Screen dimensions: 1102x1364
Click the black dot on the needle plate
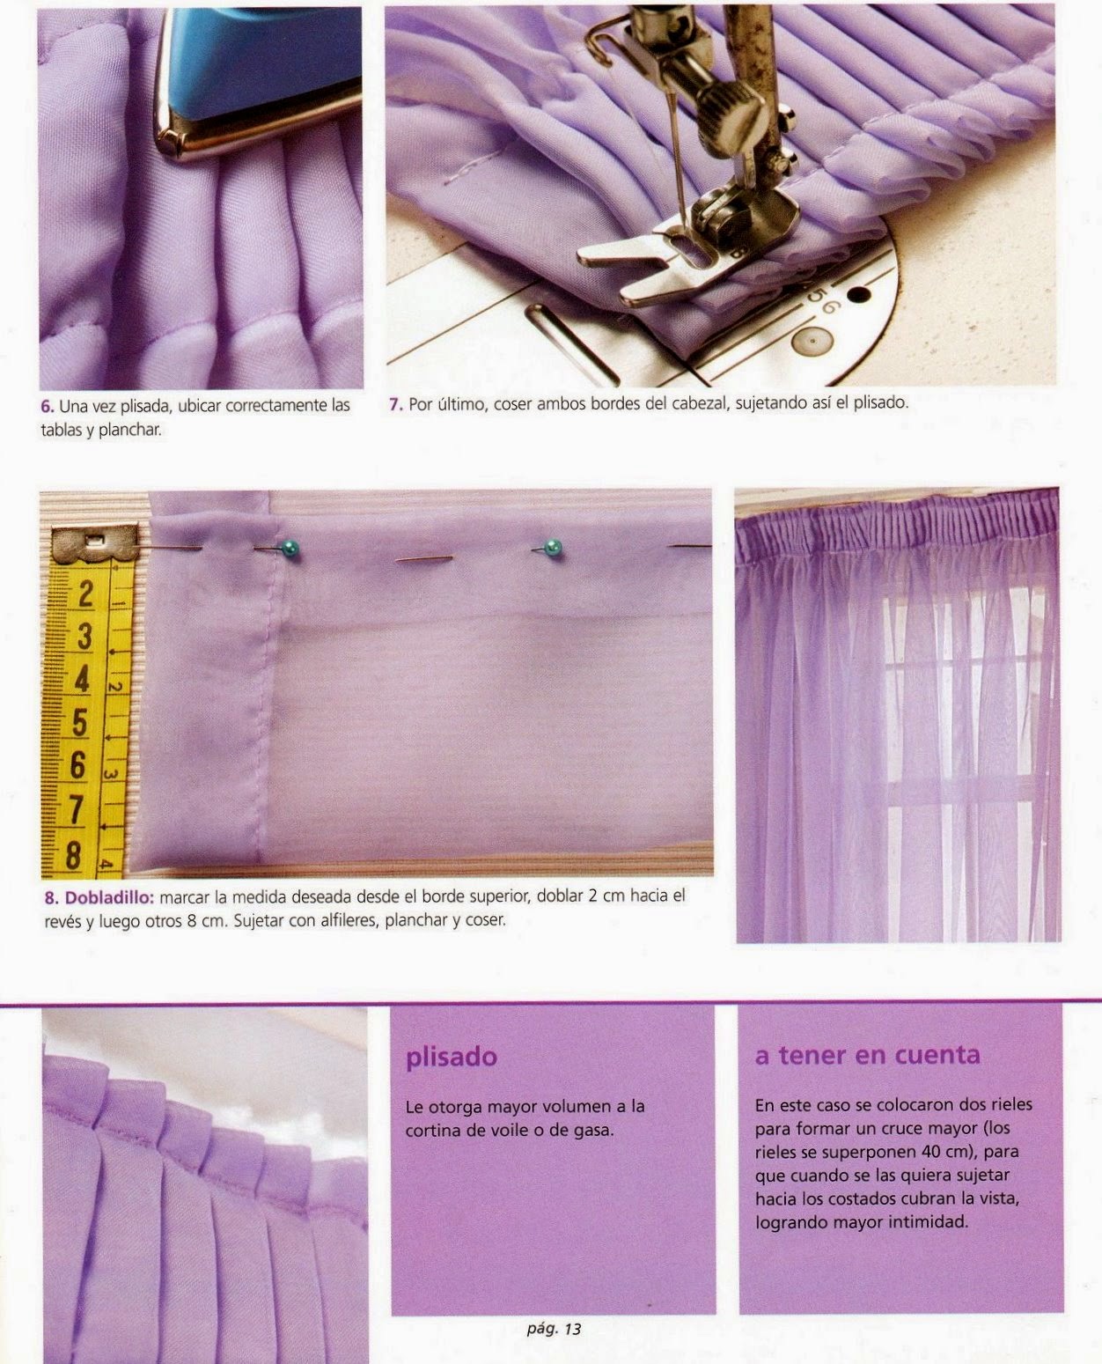coord(859,295)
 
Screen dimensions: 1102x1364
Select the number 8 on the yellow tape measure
coord(73,854)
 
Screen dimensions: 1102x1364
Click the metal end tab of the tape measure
coord(95,543)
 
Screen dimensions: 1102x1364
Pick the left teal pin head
coord(290,548)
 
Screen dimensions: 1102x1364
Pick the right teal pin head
coord(553,548)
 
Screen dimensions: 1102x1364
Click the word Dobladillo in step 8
coord(109,897)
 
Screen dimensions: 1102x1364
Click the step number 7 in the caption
coord(395,405)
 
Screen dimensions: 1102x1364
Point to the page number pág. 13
coord(554,1329)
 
